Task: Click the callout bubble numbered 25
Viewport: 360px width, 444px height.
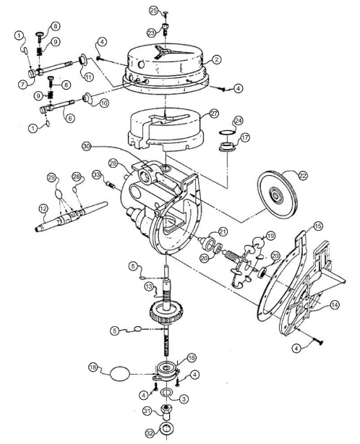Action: [x=153, y=11]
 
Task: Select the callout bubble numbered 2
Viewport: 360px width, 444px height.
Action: [x=217, y=59]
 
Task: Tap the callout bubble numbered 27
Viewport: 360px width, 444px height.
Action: [x=214, y=114]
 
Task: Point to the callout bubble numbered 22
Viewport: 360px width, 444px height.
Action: [x=303, y=176]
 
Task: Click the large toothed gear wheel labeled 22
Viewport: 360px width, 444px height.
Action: [x=278, y=195]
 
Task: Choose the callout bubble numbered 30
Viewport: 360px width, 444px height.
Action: [x=86, y=146]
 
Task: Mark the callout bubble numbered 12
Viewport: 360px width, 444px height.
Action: [x=43, y=209]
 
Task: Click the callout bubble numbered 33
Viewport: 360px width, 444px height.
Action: [x=97, y=175]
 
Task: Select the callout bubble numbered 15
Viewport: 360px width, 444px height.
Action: [x=318, y=226]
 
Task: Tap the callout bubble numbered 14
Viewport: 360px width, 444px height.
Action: [x=334, y=305]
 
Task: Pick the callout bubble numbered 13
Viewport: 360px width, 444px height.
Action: [x=149, y=287]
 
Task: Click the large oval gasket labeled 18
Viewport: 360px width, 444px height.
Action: [x=120, y=374]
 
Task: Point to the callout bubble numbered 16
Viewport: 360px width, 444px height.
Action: [x=192, y=358]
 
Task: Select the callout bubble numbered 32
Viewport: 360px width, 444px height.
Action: [x=150, y=433]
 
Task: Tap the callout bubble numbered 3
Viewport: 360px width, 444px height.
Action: [x=184, y=399]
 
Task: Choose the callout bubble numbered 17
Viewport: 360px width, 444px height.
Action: [x=245, y=138]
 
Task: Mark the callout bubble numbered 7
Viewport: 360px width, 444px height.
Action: [x=23, y=85]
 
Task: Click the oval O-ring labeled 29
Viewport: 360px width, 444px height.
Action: [x=59, y=195]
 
